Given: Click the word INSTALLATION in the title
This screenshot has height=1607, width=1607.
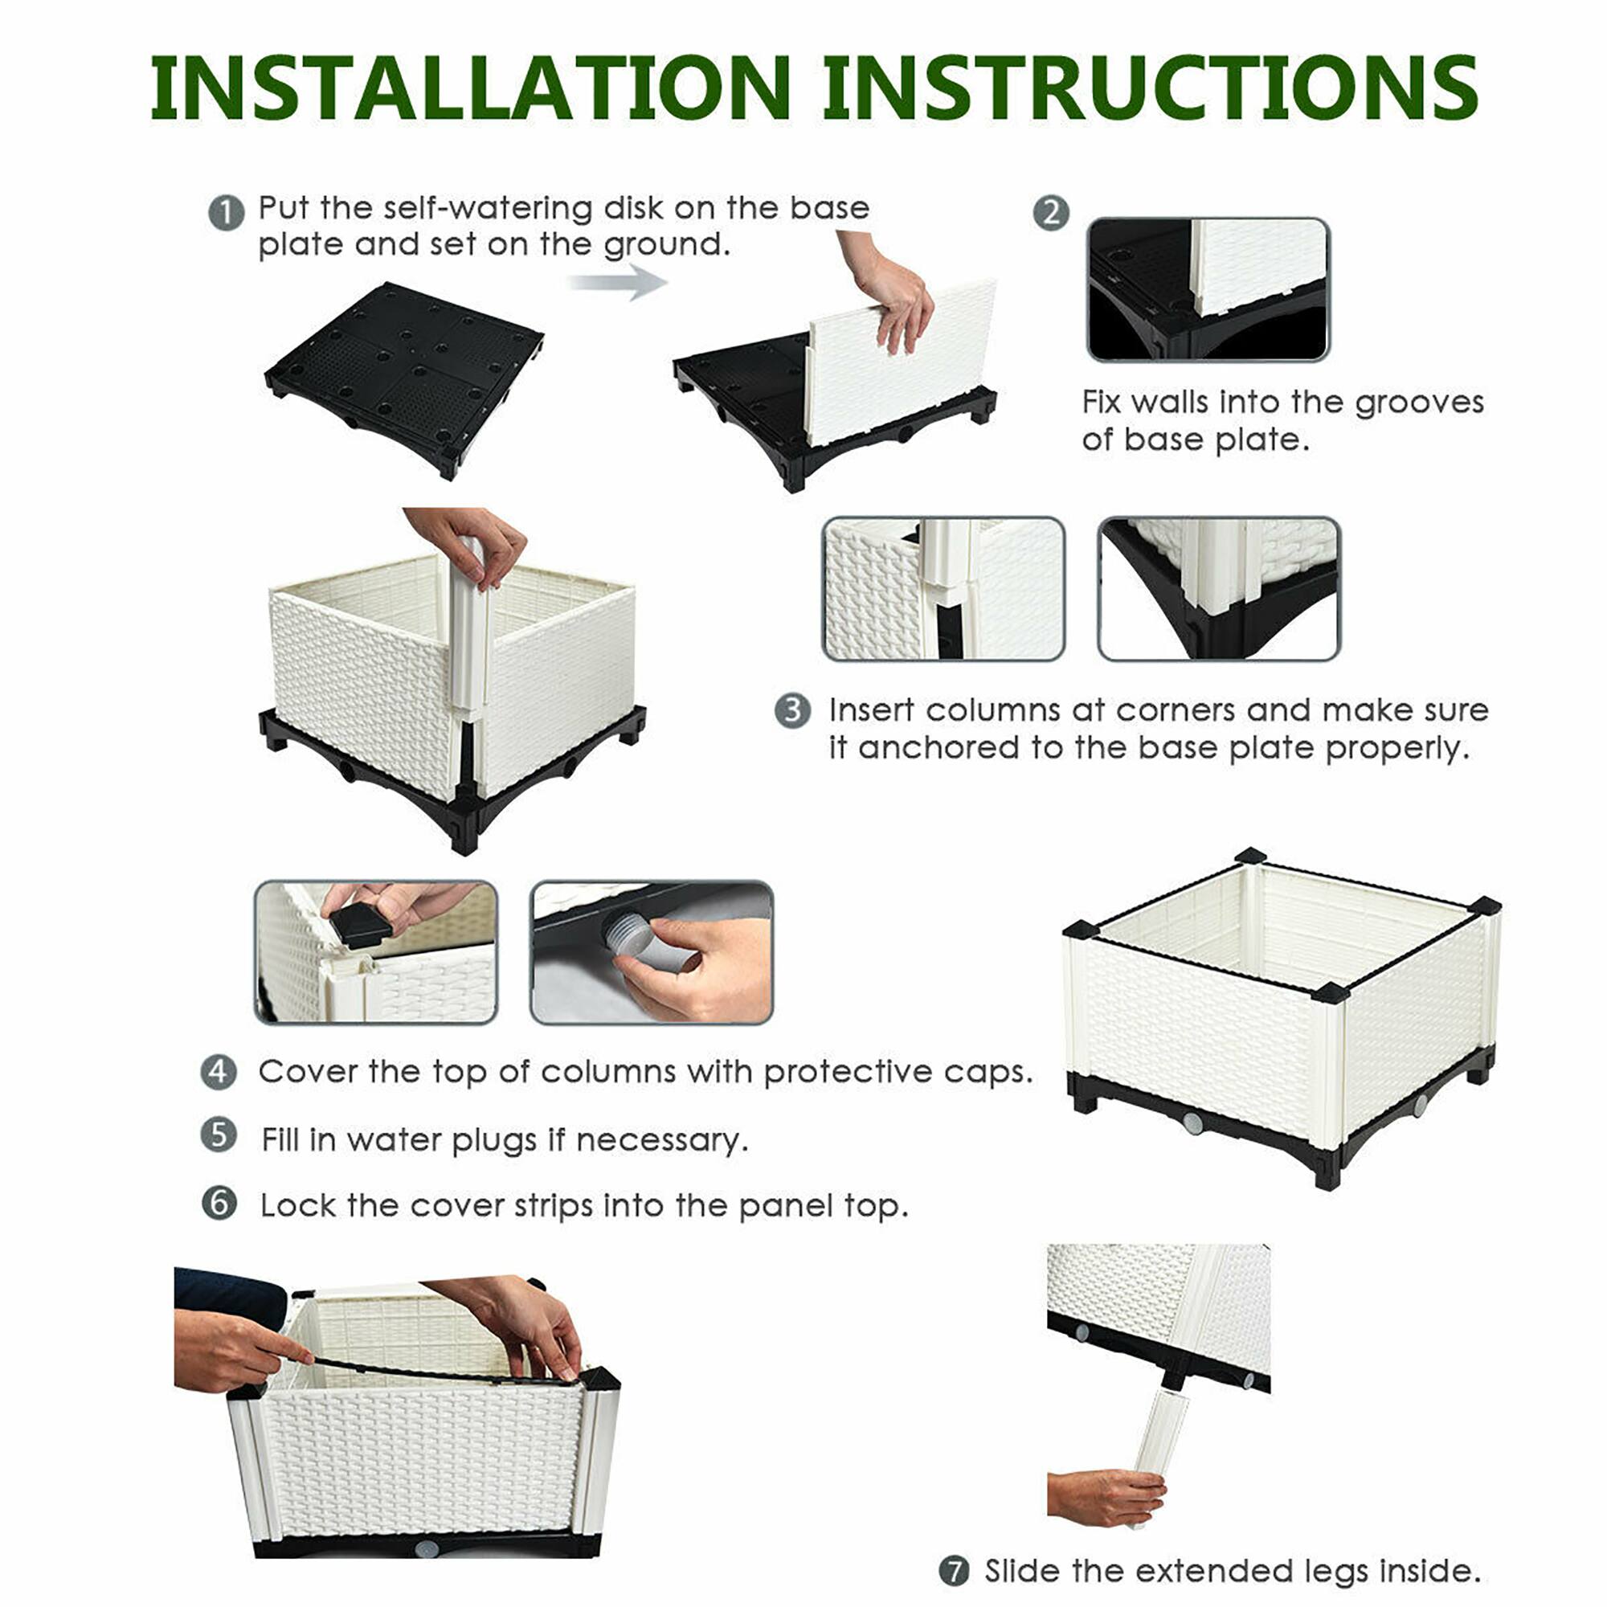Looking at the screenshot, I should point(470,88).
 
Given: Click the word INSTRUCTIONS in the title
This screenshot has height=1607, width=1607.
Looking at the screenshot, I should point(1150,88).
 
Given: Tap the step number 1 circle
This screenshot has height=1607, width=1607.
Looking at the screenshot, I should point(227,213).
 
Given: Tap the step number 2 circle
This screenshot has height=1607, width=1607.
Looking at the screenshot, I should point(1050,213).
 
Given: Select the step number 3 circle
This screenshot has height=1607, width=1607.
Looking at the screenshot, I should point(792,711).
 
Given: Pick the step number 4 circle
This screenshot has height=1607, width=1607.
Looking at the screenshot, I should point(219,1072).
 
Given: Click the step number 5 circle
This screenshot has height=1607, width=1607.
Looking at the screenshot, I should point(219,1135).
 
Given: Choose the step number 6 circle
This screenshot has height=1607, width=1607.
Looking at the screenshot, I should point(219,1203).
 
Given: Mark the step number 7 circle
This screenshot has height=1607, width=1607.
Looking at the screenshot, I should point(954,1571).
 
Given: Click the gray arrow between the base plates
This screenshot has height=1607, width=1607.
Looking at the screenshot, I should point(617,282).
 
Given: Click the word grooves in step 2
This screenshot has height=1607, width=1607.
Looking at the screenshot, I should point(1419,403).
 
